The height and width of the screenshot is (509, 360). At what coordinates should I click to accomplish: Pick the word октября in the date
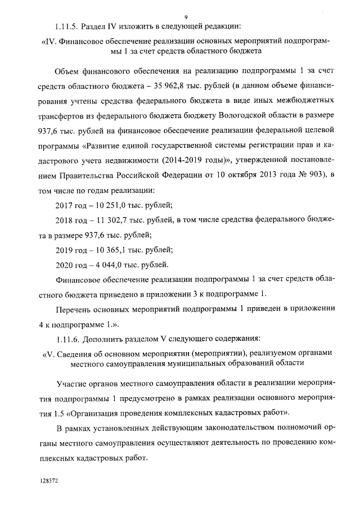click(x=247, y=174)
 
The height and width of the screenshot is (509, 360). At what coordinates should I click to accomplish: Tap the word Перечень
click(x=78, y=309)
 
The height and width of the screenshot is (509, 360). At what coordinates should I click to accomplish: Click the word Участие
click(x=73, y=384)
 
